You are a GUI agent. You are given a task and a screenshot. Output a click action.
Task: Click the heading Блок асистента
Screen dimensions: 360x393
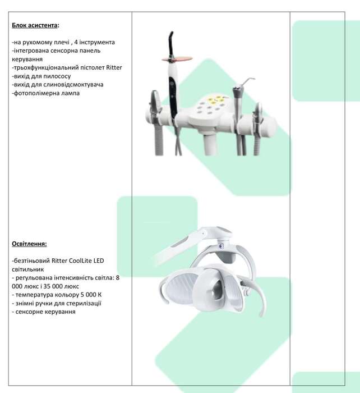(35, 25)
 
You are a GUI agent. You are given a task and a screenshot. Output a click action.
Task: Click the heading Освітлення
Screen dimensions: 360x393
(29, 244)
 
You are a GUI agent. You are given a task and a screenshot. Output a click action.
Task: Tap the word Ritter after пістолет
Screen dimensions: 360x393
(114, 68)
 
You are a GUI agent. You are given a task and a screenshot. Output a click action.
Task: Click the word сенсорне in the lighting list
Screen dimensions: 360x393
(29, 312)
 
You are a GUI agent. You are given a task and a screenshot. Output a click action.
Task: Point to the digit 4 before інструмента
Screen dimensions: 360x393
(76, 42)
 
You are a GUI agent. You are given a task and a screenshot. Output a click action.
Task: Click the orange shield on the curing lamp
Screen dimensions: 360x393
(177, 59)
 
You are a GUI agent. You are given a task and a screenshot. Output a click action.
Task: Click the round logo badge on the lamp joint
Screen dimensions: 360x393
(221, 246)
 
